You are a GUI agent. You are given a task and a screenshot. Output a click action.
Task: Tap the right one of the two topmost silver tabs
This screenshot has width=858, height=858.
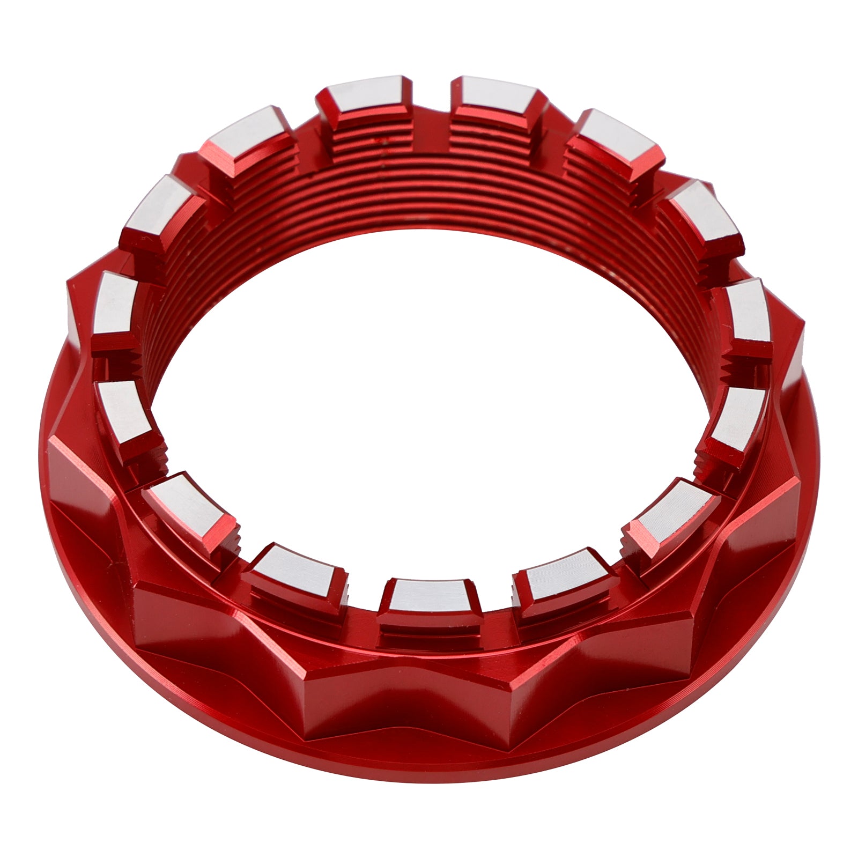pos(496,97)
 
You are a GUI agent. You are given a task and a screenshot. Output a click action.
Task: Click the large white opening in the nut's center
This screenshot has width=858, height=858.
pos(429,375)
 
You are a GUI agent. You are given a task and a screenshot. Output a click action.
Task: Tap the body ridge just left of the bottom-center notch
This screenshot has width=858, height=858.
pos(343,692)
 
